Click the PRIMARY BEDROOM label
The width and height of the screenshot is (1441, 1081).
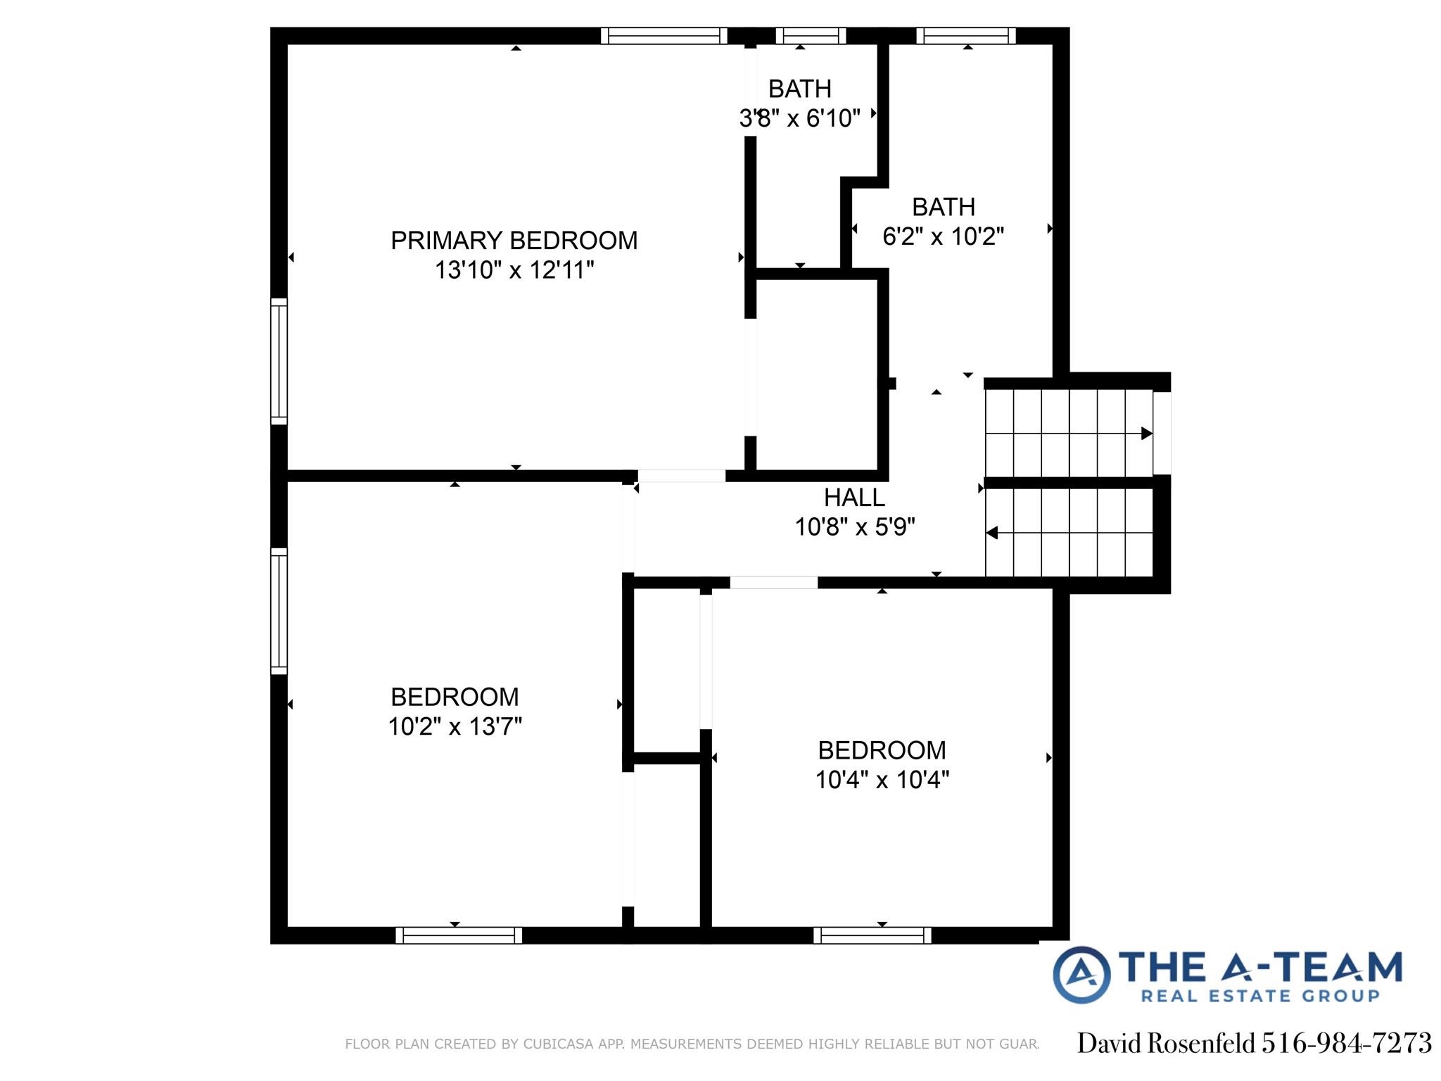click(x=514, y=241)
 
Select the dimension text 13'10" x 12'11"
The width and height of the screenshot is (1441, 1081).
click(x=514, y=270)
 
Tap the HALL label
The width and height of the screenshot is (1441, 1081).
click(x=853, y=498)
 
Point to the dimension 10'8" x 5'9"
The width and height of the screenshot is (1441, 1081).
click(x=854, y=527)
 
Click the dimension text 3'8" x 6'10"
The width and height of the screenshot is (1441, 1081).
click(x=799, y=118)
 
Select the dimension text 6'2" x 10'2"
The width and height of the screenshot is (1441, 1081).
click(x=943, y=236)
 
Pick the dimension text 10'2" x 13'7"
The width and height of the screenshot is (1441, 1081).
click(x=455, y=726)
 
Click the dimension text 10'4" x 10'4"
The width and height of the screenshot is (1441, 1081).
click(x=882, y=780)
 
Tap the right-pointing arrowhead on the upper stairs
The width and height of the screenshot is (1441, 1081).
click(x=1146, y=434)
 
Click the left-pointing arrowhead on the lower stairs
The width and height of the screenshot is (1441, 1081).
click(x=992, y=533)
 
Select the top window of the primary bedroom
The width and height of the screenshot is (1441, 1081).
click(x=664, y=36)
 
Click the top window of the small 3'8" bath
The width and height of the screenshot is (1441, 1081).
click(x=811, y=36)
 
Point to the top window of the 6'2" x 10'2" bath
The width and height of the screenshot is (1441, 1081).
click(x=966, y=36)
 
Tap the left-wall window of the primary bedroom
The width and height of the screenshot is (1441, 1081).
click(x=279, y=362)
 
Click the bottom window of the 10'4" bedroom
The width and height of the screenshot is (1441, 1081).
click(x=872, y=935)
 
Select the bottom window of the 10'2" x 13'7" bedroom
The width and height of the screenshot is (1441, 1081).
click(x=459, y=935)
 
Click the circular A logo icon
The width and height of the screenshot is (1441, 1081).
click(x=1081, y=975)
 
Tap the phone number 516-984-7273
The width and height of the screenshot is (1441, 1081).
click(x=1346, y=1043)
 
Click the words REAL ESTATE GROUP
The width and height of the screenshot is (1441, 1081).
click(x=1259, y=996)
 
